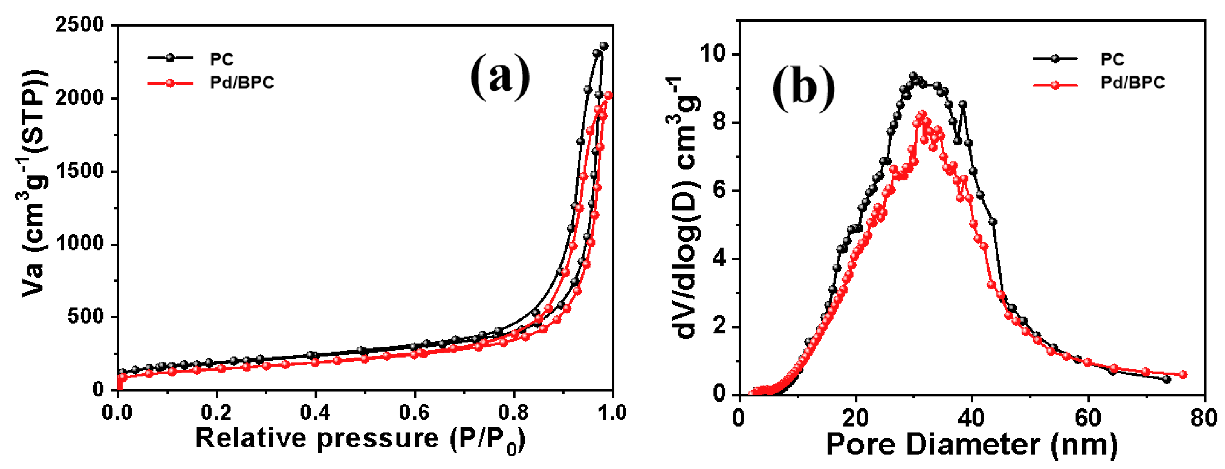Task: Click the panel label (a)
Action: (500, 76)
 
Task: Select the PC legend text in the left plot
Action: (222, 59)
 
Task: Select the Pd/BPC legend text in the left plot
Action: (242, 83)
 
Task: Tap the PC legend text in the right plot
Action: (1112, 59)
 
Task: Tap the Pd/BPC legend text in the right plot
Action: (1132, 83)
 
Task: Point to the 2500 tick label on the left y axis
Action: (80, 25)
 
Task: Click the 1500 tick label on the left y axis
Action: (80, 171)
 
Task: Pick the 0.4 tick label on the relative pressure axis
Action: (315, 413)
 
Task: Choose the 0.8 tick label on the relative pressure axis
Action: (513, 413)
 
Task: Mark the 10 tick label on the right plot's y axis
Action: (714, 54)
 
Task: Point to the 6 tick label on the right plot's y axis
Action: (721, 191)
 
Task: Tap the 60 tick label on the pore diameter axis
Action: (1088, 418)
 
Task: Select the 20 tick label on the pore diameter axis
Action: (856, 418)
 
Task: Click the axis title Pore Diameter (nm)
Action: (971, 445)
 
